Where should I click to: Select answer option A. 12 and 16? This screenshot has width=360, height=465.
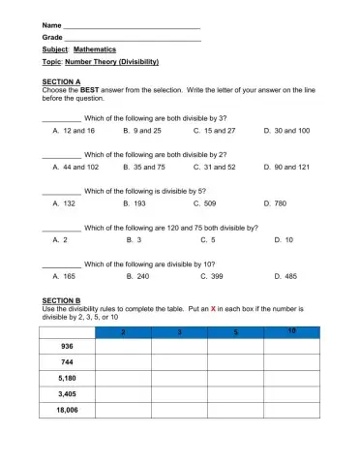tap(74, 130)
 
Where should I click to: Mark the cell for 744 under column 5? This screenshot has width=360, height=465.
tap(236, 361)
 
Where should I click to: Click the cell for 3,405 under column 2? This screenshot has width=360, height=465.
tap(124, 394)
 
